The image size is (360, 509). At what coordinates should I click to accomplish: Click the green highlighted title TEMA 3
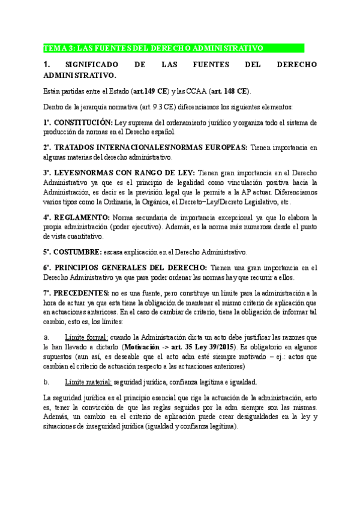(154, 48)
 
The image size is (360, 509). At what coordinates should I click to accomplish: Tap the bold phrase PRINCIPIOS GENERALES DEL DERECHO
(132, 267)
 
